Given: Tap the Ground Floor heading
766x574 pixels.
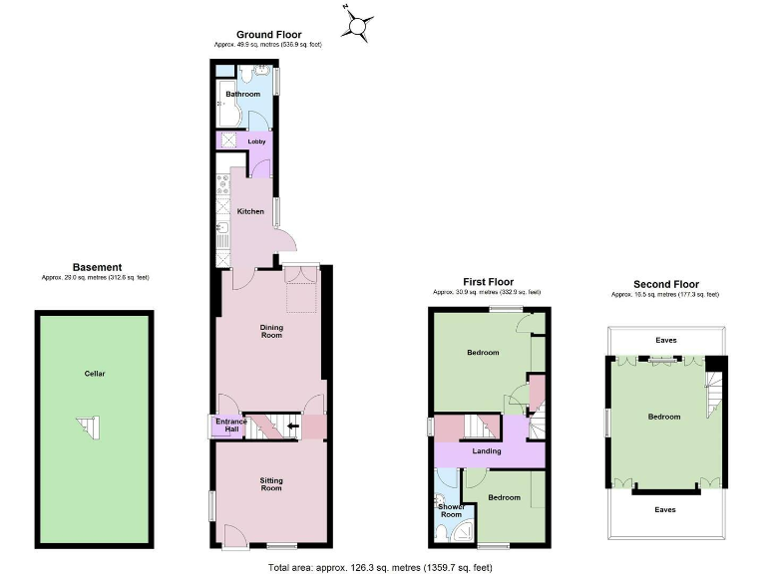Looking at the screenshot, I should pos(268,35).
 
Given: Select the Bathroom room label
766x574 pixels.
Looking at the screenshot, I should pos(242,95).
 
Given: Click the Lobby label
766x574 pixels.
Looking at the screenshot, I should pos(242,142).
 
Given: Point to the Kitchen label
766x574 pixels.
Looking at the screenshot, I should pos(250,211).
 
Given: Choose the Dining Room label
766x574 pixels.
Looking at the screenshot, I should pos(271,331).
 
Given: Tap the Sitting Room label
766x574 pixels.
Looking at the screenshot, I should pos(271,484).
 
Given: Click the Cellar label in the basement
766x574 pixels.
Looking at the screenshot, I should pos(95,374).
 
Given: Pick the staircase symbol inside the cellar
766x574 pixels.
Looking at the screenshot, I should pos(90,428).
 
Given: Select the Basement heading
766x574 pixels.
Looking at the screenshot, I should pos(97,267).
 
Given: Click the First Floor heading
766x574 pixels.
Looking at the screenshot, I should pos(487,282).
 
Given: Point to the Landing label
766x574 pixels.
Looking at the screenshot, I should pos(487,451).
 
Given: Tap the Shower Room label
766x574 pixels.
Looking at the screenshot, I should pos(451,510).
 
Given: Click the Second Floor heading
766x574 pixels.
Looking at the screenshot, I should pos(666,284).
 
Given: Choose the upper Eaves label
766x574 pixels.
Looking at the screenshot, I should pos(665,341).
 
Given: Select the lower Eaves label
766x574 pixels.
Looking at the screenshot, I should pos(665,509).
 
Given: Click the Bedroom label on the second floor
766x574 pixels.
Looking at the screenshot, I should pos(664,417).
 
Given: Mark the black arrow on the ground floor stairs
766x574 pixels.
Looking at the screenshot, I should pos(292,427).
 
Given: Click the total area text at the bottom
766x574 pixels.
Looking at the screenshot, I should pos(380,567).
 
